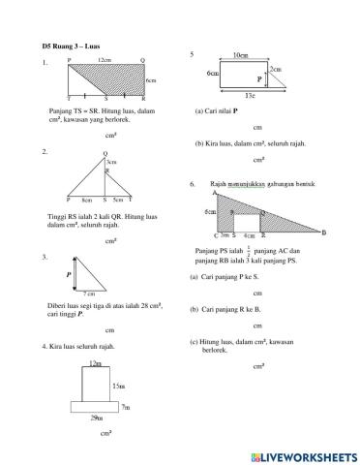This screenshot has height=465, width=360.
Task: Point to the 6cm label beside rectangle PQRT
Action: [x=151, y=80]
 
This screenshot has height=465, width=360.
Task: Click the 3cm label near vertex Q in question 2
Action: [x=111, y=162]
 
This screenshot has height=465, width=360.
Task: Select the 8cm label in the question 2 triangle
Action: [x=87, y=199]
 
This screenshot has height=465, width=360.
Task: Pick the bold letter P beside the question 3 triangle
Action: [x=69, y=275]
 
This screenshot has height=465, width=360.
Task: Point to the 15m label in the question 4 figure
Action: [x=119, y=385]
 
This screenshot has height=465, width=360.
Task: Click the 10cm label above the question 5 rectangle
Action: [x=242, y=56]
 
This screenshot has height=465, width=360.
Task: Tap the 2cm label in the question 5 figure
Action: [x=276, y=69]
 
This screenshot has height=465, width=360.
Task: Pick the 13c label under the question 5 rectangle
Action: [x=249, y=96]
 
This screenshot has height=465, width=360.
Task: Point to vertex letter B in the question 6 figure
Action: [x=323, y=232]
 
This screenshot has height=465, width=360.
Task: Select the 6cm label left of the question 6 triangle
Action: [x=209, y=210]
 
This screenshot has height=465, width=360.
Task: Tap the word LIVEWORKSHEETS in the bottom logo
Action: [x=309, y=455]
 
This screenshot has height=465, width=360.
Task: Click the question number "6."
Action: [x=195, y=183]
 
